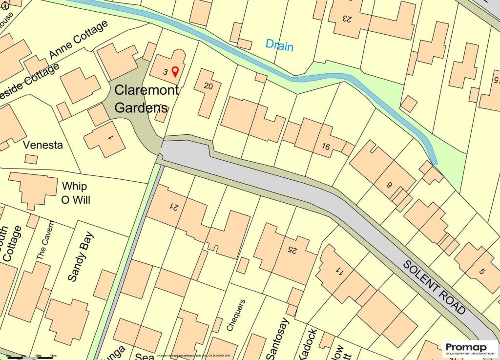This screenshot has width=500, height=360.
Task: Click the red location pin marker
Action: pyautogui.click(x=175, y=72)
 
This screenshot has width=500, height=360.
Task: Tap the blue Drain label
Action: pyautogui.click(x=279, y=45)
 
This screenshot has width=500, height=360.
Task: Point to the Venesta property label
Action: pyautogui.click(x=43, y=145)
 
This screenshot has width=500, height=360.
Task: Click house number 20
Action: pyautogui.click(x=208, y=86)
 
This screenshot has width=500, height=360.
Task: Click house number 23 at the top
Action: pyautogui.click(x=347, y=19)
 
